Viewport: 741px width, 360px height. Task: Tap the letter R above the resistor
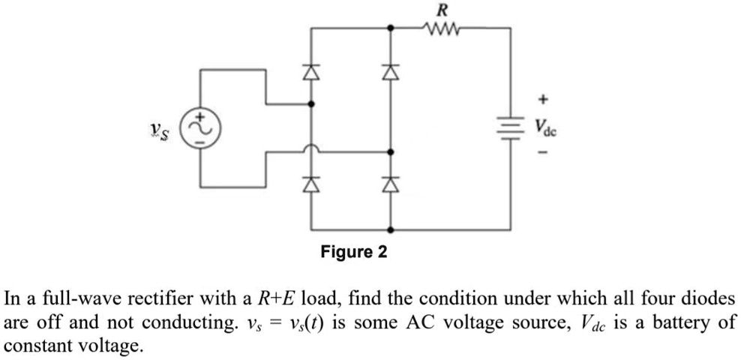(x=443, y=10)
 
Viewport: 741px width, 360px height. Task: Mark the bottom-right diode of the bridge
(x=389, y=183)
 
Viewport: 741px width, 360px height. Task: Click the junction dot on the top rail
(x=389, y=28)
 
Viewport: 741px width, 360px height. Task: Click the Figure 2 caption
(x=354, y=252)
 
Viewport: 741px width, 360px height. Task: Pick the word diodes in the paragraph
(x=709, y=299)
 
